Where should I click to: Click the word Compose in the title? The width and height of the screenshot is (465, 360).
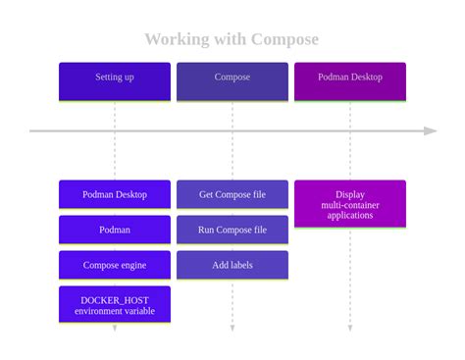[x=284, y=39]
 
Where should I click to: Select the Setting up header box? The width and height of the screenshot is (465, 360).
[x=115, y=80]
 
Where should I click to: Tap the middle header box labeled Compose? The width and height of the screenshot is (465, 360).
[x=232, y=80]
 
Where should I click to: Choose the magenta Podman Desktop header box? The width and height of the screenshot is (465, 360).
[x=350, y=80]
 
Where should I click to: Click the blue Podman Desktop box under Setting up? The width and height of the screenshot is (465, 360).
[x=115, y=194]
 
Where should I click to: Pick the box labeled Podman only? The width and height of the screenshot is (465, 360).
[x=115, y=230]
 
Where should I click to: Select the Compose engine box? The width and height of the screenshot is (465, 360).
[x=115, y=265]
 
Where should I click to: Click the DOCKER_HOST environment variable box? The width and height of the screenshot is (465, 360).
[x=115, y=304]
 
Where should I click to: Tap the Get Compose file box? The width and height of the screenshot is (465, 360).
[x=232, y=194]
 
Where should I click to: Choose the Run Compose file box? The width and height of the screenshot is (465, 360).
[x=232, y=230]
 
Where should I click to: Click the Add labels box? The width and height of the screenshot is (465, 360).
[x=232, y=265]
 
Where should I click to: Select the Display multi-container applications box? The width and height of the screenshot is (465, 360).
[x=350, y=204]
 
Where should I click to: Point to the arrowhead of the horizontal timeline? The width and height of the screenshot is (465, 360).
[x=431, y=130]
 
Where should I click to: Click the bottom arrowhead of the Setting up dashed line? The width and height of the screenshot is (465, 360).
[x=115, y=328]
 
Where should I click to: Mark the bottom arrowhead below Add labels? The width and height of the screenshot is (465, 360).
[x=232, y=328]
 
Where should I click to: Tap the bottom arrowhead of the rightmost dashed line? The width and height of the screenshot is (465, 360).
[x=350, y=328]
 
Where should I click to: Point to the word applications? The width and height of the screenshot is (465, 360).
[x=350, y=215]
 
